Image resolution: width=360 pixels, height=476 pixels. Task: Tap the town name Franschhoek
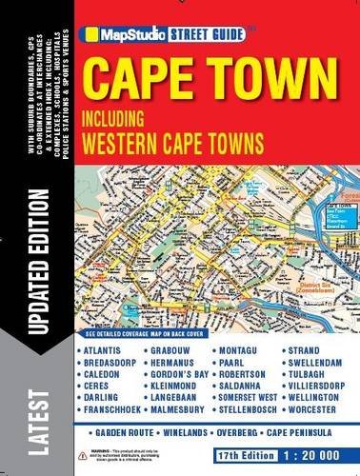(114, 408)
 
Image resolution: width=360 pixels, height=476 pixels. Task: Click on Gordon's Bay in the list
(182, 374)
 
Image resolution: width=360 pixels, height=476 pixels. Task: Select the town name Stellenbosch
(253, 408)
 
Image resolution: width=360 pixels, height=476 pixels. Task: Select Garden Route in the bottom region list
(114, 432)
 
